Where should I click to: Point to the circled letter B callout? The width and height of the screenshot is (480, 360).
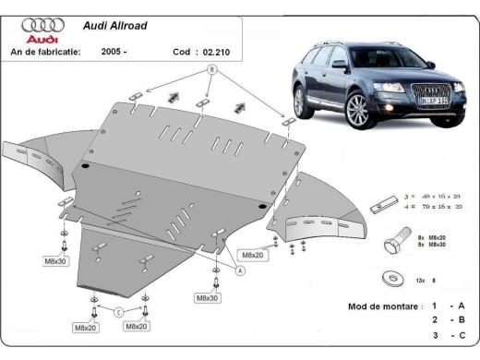pyautogui.click(x=211, y=69)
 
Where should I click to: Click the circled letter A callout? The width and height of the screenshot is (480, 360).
pyautogui.click(x=239, y=270)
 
